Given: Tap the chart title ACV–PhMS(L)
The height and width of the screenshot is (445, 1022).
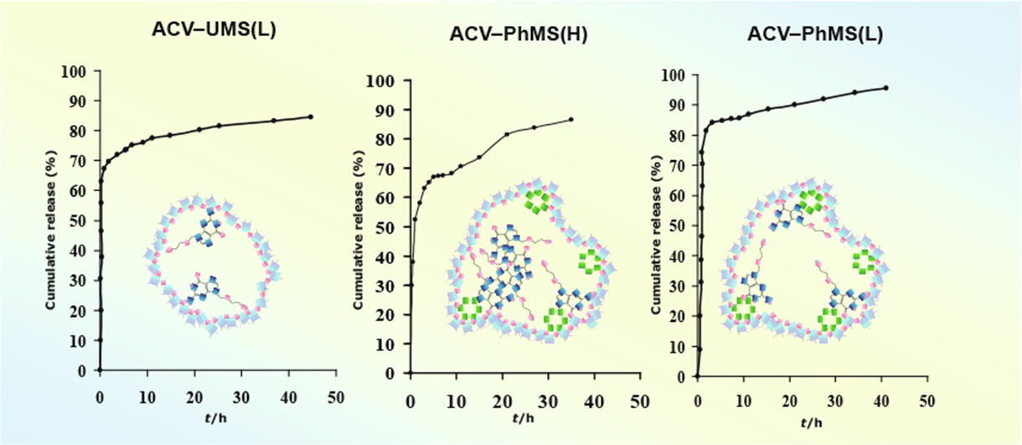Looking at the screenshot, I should (806, 35).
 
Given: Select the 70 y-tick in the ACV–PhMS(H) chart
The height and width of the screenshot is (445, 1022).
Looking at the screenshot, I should (385, 169).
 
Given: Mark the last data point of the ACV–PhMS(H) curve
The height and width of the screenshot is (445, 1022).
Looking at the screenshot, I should (571, 119).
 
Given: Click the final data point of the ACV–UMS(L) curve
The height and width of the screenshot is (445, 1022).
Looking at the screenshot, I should (311, 116).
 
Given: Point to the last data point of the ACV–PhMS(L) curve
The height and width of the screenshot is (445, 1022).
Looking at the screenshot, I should (886, 87).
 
